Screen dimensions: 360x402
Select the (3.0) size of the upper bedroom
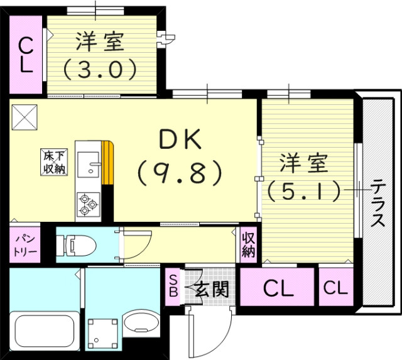[100, 68]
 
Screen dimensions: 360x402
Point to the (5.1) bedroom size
[304, 189]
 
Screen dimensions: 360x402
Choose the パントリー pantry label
[24, 245]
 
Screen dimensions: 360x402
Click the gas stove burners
[88, 204]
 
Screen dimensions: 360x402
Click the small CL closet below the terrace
[335, 288]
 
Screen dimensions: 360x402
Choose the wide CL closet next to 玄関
[278, 289]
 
